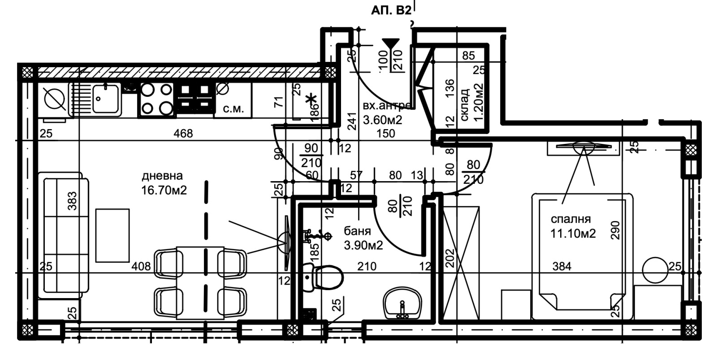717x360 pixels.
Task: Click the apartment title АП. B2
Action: pos(391,11)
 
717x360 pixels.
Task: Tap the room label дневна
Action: pos(162,176)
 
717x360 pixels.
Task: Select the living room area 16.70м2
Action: pos(164,190)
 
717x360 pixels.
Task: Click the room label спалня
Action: pos(570,219)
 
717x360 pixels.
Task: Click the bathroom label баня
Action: pos(357,231)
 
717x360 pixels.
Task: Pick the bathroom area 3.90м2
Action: pos(363,245)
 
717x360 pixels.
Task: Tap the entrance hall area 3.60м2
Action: pos(382,120)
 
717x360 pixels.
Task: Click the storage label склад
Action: pos(465,104)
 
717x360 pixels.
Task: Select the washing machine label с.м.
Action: pos(233,108)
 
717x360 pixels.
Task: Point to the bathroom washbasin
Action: pos(403,304)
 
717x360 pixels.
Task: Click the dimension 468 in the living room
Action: pos(183,133)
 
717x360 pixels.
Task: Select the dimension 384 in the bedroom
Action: pos(562,266)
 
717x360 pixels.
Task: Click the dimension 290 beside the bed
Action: pos(615,230)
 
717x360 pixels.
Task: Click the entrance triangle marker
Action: pos(391,44)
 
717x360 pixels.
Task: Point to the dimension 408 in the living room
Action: pos(141,267)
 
